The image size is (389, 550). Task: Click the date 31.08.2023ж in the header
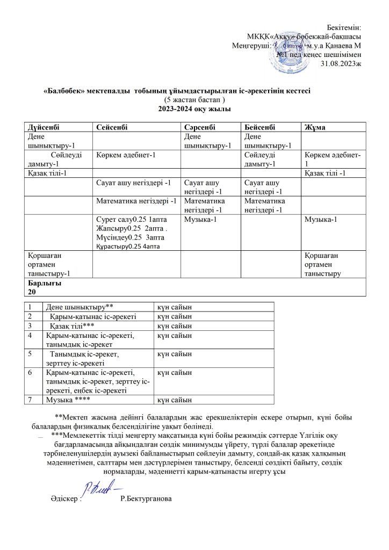pyautogui.click(x=341, y=64)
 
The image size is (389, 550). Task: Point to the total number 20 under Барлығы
pyautogui.click(x=32, y=292)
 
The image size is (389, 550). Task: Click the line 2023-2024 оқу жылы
pyautogui.click(x=194, y=110)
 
